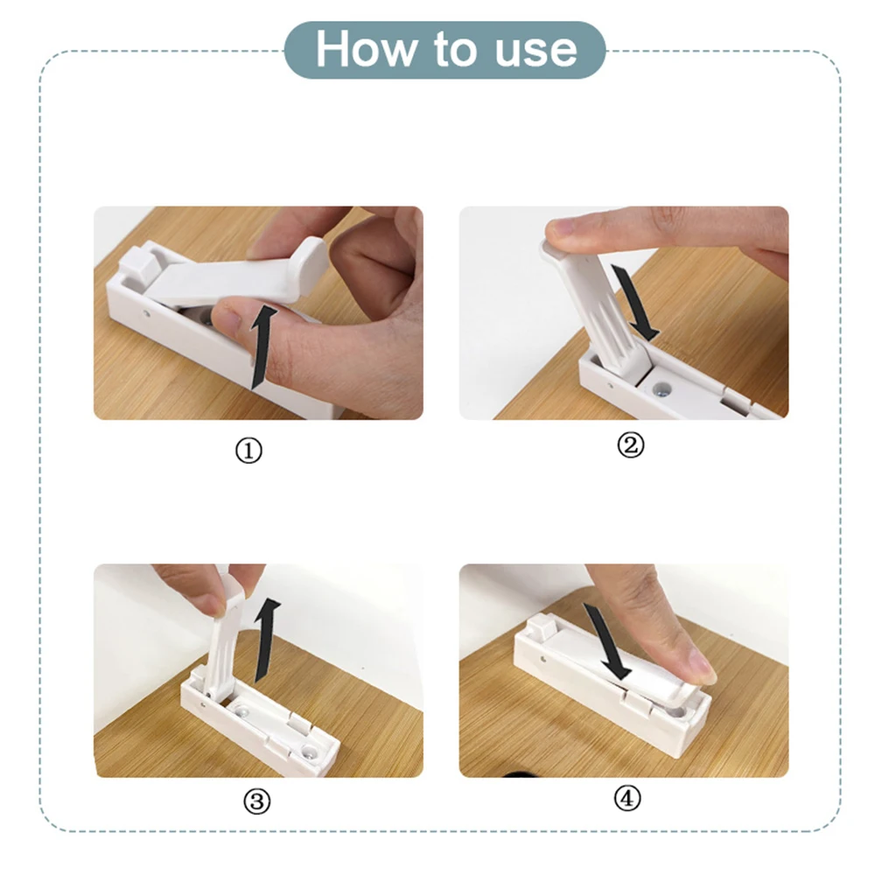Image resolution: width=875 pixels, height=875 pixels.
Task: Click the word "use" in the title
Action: point(535,51)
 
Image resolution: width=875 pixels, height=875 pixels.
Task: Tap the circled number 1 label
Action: point(248,451)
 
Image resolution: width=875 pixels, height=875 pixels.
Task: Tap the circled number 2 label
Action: point(630,445)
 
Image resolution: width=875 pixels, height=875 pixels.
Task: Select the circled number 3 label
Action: point(257,801)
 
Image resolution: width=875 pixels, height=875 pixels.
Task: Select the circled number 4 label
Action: point(627,798)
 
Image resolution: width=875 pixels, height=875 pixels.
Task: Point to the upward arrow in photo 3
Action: point(267,640)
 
